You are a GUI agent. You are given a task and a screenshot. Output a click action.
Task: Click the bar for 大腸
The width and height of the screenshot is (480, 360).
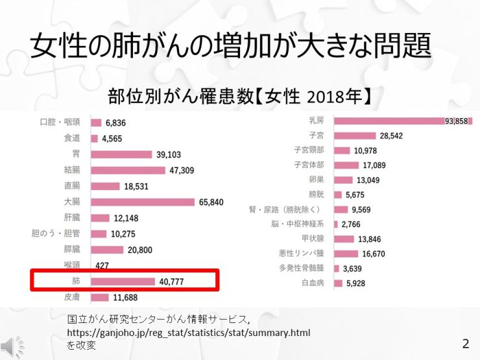click(143, 202)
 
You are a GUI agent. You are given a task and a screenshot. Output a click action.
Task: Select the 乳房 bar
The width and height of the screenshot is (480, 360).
click(402, 121)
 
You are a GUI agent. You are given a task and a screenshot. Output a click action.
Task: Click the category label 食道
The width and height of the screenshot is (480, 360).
click(72, 138)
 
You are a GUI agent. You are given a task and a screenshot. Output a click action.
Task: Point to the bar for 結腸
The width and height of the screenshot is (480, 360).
click(128, 170)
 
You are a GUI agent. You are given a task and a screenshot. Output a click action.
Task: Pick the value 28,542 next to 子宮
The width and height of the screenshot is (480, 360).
click(392, 136)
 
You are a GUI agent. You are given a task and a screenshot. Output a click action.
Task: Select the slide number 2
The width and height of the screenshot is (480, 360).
click(464, 342)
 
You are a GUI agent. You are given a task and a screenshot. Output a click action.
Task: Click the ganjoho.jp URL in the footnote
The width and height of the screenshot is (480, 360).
click(189, 333)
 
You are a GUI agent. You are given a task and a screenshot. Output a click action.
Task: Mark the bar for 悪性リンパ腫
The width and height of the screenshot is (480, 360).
click(346, 254)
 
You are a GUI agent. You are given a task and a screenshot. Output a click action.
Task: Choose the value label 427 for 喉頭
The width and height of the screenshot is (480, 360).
click(102, 265)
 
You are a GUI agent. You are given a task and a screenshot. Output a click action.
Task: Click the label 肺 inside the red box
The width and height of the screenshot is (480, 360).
click(77, 282)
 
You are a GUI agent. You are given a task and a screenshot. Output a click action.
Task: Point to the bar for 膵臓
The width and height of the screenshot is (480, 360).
click(107, 250)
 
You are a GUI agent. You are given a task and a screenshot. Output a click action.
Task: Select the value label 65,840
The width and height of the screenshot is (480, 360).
click(211, 202)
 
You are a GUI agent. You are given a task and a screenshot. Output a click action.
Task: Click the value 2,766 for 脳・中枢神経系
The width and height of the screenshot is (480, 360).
click(354, 224)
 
